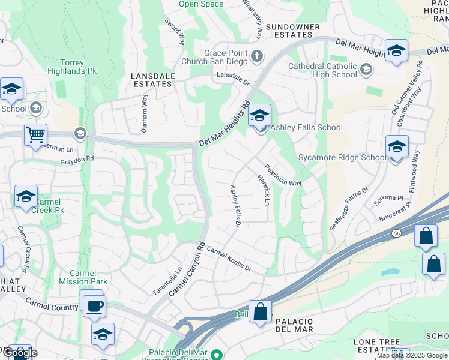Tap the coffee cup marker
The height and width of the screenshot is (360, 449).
[x=94, y=306]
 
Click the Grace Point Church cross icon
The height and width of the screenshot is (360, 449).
[x=257, y=57]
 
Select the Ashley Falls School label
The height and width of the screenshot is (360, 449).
[x=306, y=127]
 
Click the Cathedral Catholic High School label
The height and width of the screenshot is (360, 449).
[x=322, y=70]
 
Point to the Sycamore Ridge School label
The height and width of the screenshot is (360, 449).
[x=343, y=158]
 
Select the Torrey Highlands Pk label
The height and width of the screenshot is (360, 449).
[x=79, y=67]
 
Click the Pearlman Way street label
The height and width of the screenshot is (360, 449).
[x=283, y=175]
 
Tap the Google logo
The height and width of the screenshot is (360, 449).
[x=20, y=352]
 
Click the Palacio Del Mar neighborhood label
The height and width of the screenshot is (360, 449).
[x=303, y=326]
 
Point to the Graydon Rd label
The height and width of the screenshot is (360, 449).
[x=77, y=160]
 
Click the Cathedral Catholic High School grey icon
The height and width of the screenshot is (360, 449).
[x=365, y=70]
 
